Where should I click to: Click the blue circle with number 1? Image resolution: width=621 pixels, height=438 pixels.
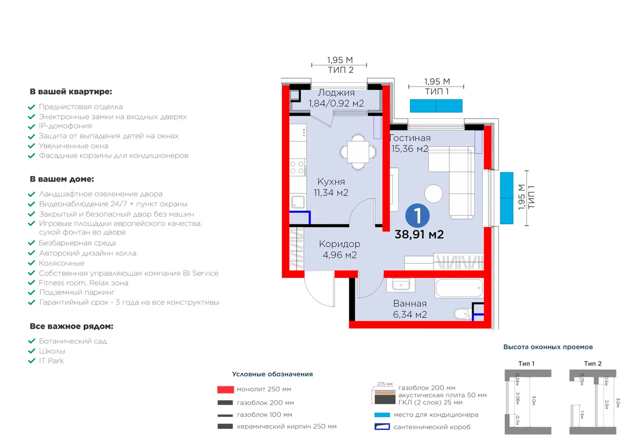[417, 216]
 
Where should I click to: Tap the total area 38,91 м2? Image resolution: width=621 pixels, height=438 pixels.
[419, 235]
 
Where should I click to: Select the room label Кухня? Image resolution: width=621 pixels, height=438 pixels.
[331, 182]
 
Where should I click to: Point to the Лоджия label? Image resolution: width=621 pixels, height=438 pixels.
[336, 93]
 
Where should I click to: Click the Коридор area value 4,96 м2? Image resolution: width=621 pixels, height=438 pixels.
[340, 255]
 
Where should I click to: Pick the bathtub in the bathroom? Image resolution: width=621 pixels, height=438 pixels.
[459, 288]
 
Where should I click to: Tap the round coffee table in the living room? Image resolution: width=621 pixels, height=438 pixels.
[433, 193]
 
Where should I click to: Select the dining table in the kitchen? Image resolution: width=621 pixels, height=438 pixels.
[358, 152]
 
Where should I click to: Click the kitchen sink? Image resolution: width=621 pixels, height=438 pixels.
[298, 202]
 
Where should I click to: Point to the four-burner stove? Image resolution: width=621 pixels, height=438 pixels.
[297, 167]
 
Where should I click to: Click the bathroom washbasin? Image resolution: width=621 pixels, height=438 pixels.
[401, 285]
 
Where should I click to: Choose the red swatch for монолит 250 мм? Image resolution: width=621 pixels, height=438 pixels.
[226, 390]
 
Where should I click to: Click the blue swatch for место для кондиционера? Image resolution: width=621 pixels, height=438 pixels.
[382, 415]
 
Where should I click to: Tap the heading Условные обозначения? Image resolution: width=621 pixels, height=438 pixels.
[272, 374]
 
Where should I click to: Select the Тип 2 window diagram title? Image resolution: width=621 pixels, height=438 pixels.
[593, 364]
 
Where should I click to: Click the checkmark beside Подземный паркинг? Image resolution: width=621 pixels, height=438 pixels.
[31, 292]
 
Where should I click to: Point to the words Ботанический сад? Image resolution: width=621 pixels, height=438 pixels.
[73, 341]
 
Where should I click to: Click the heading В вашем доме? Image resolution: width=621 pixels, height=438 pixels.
[62, 179]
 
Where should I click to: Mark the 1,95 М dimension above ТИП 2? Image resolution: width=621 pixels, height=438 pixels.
[340, 60]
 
